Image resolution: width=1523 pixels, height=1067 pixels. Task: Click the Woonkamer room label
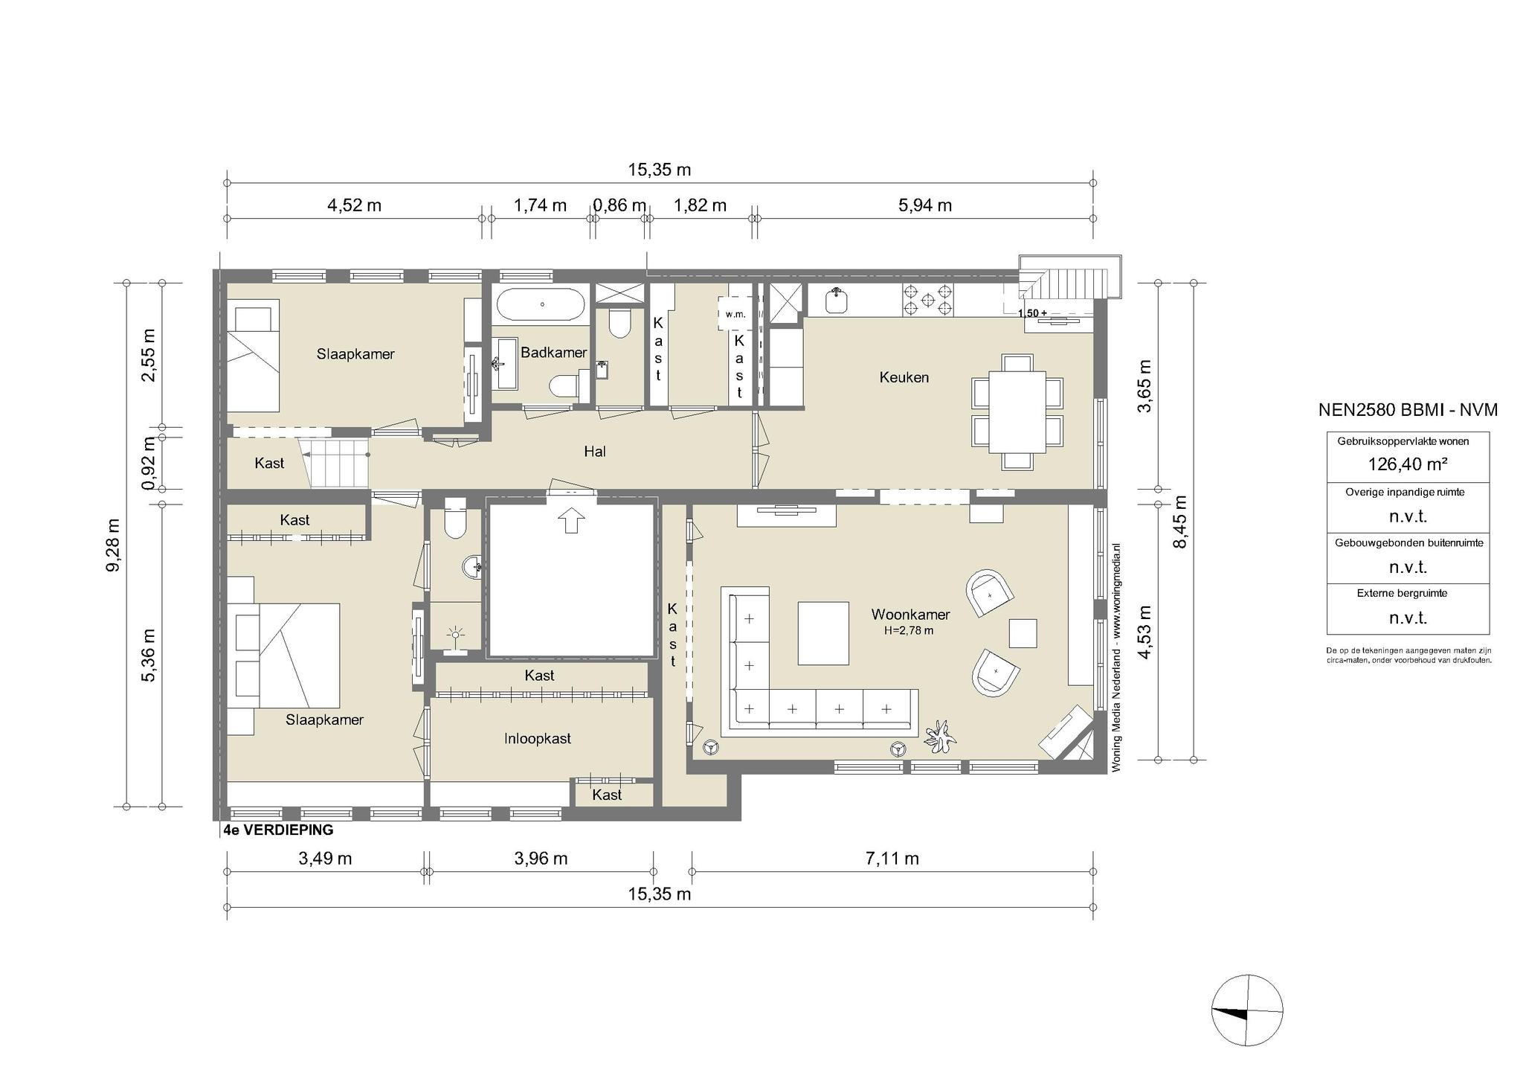pos(910,615)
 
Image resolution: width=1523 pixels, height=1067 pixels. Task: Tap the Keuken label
pos(904,377)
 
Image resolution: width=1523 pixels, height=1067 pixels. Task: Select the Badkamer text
pos(554,352)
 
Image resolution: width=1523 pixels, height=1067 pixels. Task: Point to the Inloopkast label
pos(538,738)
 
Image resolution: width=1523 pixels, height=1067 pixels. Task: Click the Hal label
pos(595,451)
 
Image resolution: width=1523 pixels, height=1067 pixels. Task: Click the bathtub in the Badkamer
pos(541,304)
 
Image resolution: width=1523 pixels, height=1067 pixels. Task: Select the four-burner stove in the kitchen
pos(928,299)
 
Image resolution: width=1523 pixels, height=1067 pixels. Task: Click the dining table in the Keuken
pos(1017,412)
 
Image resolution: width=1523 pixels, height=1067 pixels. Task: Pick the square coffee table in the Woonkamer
pos(823,633)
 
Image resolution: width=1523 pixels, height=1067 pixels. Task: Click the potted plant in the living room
pos(940,737)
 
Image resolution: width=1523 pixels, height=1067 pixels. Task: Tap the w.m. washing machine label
pos(735,314)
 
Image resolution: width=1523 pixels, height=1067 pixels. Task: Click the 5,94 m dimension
pos(925,205)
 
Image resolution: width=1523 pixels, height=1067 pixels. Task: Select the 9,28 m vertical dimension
pos(114,545)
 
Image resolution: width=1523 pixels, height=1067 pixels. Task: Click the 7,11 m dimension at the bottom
pos(892,859)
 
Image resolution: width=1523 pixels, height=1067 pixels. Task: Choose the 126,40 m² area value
pos(1408,464)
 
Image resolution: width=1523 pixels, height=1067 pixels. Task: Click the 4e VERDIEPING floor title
pos(278,830)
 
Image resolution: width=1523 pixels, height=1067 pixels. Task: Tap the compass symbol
pos(1247,1010)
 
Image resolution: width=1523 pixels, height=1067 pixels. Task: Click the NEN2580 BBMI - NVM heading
pos(1408,409)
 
